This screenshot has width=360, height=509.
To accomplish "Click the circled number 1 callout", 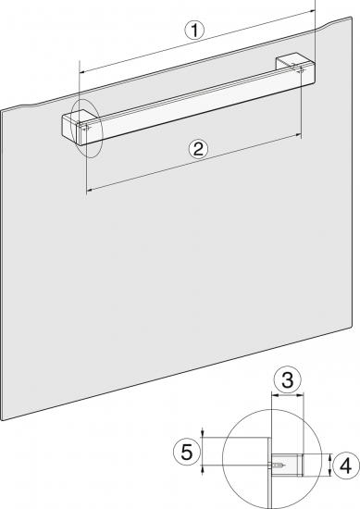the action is point(194,31).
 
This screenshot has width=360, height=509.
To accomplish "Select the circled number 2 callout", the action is point(198,149).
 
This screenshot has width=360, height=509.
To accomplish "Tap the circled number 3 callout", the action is point(287,379).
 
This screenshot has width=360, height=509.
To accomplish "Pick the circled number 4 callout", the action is point(346,466).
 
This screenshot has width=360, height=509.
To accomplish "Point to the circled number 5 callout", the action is point(187,452).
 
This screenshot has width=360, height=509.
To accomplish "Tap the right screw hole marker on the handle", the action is point(302,69).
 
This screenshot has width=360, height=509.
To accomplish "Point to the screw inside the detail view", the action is point(279,466).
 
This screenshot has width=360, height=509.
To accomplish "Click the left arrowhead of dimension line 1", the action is point(82,71).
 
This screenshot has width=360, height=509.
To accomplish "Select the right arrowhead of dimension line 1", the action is point(313,11).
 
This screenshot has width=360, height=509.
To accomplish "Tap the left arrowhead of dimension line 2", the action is point(89,190).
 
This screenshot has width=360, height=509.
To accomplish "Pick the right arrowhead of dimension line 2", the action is point(298,135).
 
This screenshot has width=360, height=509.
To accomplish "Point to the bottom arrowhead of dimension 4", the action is point(329,474).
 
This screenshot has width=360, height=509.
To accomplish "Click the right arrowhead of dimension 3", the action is point(302,395).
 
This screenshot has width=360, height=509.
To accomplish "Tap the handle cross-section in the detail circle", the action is point(287,466).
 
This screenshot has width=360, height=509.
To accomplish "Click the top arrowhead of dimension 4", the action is point(329,457).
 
